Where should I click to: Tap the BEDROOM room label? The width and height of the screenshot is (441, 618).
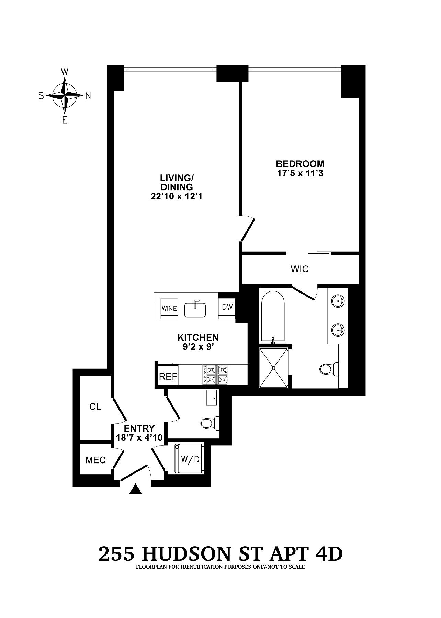click(300, 164)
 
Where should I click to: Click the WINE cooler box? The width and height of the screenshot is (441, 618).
click(170, 308)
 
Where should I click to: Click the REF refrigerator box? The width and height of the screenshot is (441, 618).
click(168, 377)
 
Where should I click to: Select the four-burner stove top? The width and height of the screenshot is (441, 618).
click(215, 375)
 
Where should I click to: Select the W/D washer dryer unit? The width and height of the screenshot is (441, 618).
click(188, 459)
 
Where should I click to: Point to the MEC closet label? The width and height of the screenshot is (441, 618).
click(95, 460)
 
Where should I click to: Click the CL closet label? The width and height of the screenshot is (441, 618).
click(95, 407)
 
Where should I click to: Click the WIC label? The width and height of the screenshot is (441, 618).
click(299, 269)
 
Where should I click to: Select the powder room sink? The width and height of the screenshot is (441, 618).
click(212, 398)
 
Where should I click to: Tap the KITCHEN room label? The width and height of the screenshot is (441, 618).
click(198, 337)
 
